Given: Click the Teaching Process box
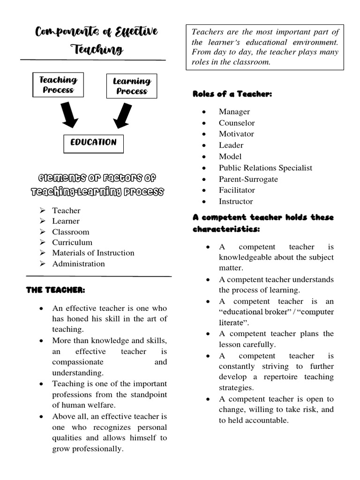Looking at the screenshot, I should tap(58, 85).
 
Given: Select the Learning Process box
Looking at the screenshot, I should tap(132, 86).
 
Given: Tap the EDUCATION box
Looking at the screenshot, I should tap(93, 143).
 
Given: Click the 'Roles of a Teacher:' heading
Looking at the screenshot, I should tap(232, 94).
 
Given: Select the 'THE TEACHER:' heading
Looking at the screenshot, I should tap(55, 290).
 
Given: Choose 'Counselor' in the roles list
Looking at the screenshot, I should tap(237, 123).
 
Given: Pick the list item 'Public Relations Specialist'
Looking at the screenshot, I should tap(265, 168).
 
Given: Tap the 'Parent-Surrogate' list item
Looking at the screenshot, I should tap(248, 179).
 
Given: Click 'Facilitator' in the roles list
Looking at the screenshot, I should tap(237, 190).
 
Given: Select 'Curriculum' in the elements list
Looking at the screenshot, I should tap(72, 242).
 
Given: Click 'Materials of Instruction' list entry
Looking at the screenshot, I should tap(93, 253).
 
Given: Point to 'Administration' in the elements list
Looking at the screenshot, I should tap(78, 263).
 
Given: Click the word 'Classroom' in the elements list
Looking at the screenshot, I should tap(70, 232).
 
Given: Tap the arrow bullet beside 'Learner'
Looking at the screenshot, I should tap(43, 221).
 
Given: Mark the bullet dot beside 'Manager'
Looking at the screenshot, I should tap(204, 112).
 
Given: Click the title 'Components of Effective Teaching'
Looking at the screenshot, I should tap(97, 40).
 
